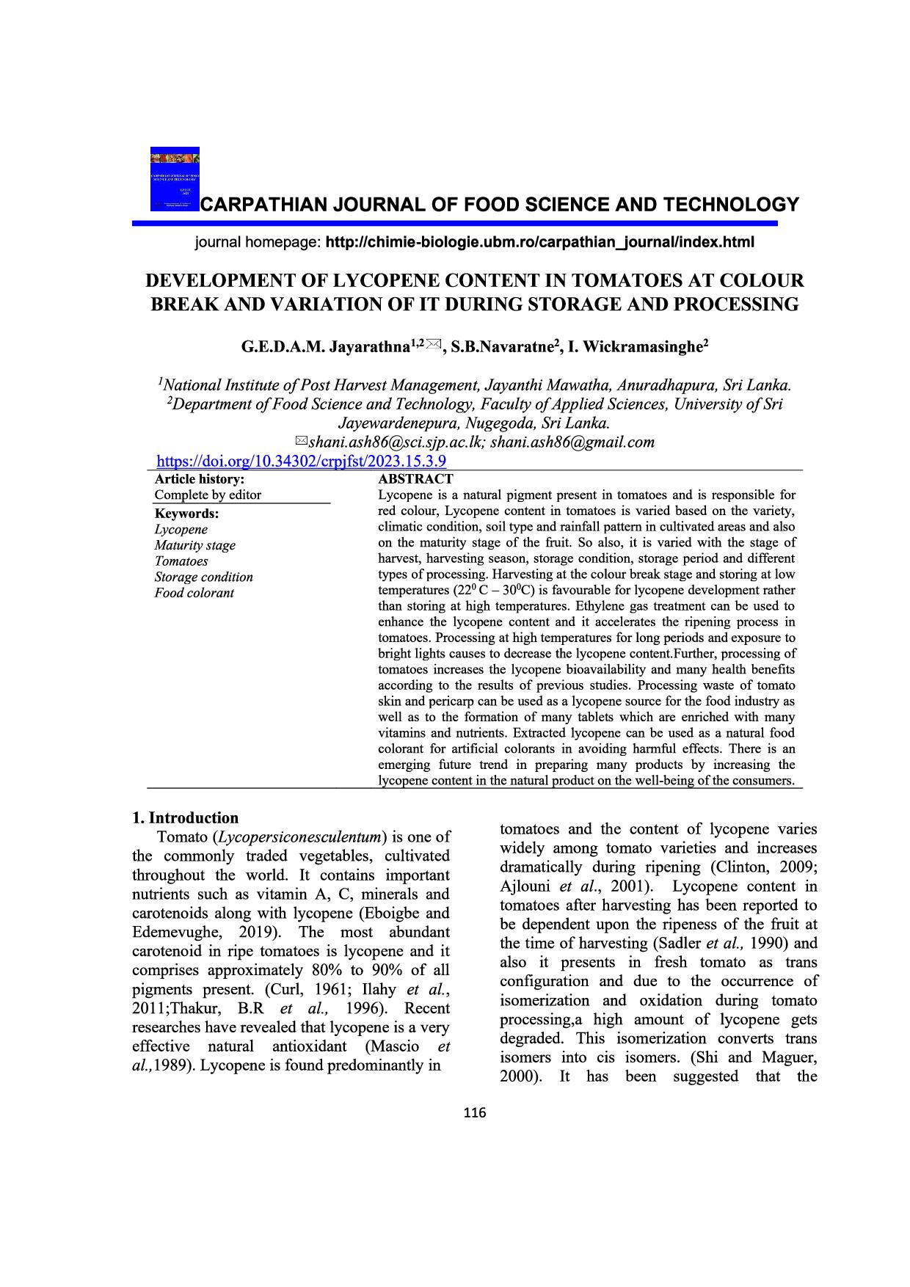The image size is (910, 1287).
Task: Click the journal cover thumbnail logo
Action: pyautogui.click(x=175, y=179)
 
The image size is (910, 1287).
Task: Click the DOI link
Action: pyautogui.click(x=302, y=462)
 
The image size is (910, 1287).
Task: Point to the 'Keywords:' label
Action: pyautogui.click(x=186, y=514)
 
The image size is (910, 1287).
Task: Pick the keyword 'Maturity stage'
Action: pyautogui.click(x=194, y=545)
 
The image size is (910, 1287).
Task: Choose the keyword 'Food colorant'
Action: pyautogui.click(x=194, y=593)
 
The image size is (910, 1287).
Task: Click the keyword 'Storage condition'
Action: pyautogui.click(x=203, y=577)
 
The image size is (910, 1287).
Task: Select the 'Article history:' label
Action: pyautogui.click(x=199, y=479)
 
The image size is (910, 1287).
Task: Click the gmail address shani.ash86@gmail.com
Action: pyautogui.click(x=572, y=442)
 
